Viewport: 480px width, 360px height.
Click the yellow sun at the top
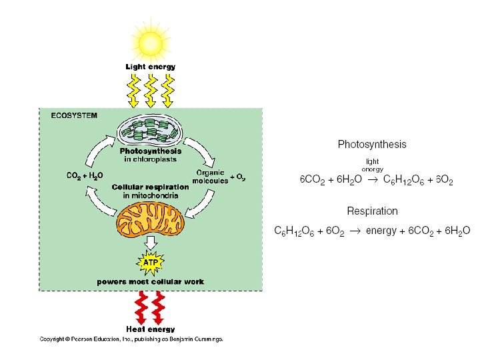(x=150, y=43)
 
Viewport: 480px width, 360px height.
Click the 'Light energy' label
(x=151, y=67)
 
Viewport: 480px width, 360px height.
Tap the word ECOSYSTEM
(x=74, y=115)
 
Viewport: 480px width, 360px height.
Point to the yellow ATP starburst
(x=151, y=263)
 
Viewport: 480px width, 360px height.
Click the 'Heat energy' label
(x=151, y=329)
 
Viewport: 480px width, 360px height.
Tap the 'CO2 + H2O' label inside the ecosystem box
(x=85, y=176)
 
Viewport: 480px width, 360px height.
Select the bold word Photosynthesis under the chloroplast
(x=151, y=151)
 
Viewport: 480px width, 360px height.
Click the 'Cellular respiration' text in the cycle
(x=151, y=187)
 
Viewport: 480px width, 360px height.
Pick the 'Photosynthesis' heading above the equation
(x=372, y=144)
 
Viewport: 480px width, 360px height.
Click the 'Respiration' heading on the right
(x=372, y=211)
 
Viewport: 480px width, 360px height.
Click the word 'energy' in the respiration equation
(x=381, y=231)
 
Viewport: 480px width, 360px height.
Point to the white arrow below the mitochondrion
(x=151, y=241)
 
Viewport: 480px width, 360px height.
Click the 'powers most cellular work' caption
(x=151, y=282)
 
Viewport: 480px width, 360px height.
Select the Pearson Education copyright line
(x=131, y=339)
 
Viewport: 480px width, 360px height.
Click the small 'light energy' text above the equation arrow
(x=372, y=165)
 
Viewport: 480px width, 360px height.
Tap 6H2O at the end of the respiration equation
(x=457, y=231)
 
